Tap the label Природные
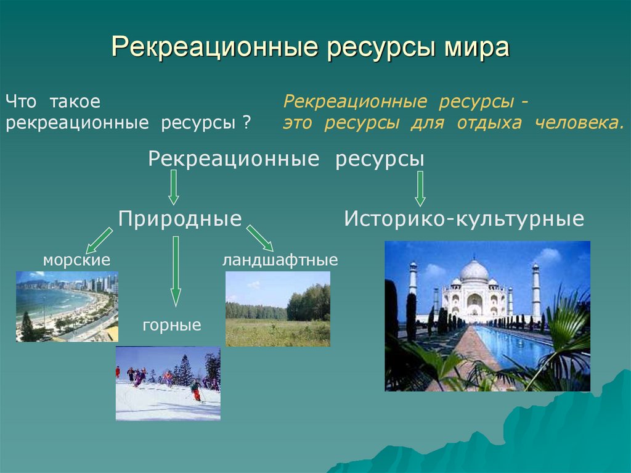point(179,218)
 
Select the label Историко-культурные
point(464,218)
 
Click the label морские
point(76,260)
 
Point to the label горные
point(172,324)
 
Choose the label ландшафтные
point(280,260)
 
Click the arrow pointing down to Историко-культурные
point(420,187)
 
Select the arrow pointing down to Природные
point(174,187)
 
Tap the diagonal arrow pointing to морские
point(99,240)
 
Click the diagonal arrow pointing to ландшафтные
point(260,238)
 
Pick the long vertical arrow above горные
point(176,271)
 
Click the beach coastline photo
point(67,306)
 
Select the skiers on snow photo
point(168,383)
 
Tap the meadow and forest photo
point(277,309)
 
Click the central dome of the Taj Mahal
point(474,271)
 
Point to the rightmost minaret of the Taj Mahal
point(535,290)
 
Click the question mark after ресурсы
point(246,123)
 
